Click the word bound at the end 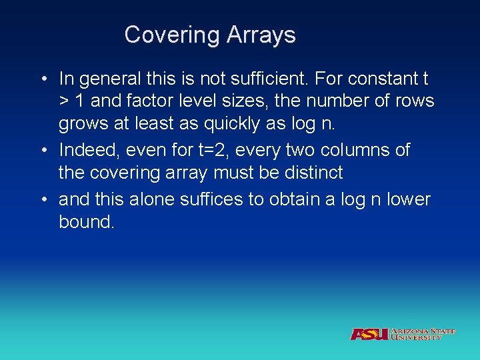87,221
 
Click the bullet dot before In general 43,79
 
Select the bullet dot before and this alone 43,199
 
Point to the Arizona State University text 422,334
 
